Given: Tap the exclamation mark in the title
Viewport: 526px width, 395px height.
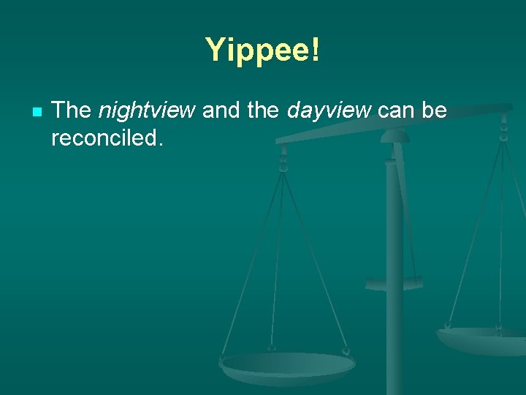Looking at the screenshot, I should tap(315, 50).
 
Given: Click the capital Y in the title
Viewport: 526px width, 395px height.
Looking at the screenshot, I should tap(216, 50).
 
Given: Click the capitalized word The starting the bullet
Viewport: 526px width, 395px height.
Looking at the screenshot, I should tap(71, 110).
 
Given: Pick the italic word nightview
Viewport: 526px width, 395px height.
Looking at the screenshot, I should tap(146, 111).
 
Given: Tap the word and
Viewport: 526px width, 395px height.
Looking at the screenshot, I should tap(221, 110).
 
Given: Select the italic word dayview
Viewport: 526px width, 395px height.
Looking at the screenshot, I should tap(329, 111).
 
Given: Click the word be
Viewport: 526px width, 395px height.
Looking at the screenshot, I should tap(435, 110).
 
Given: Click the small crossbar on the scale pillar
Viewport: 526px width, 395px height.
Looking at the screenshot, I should tap(394, 283).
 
